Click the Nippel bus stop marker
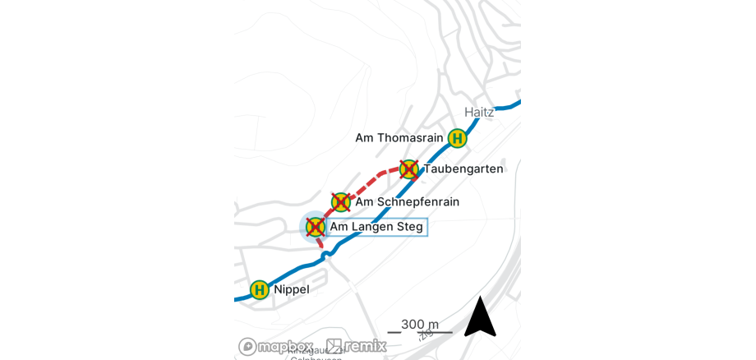(x=260, y=289)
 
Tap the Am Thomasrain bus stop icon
(x=457, y=138)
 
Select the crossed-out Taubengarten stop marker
(x=408, y=169)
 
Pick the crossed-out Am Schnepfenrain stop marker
(x=340, y=201)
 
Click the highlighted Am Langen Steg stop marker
(x=315, y=227)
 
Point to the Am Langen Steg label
(x=376, y=227)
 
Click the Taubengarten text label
(x=463, y=168)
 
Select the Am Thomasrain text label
(x=399, y=137)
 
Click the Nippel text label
(x=292, y=289)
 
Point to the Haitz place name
(x=479, y=112)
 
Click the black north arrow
(x=480, y=317)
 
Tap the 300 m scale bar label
(x=419, y=324)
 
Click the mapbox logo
(x=276, y=346)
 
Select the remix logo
(x=356, y=346)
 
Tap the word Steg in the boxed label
(x=408, y=227)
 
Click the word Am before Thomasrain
(x=364, y=137)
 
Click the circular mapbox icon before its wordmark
(x=247, y=346)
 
